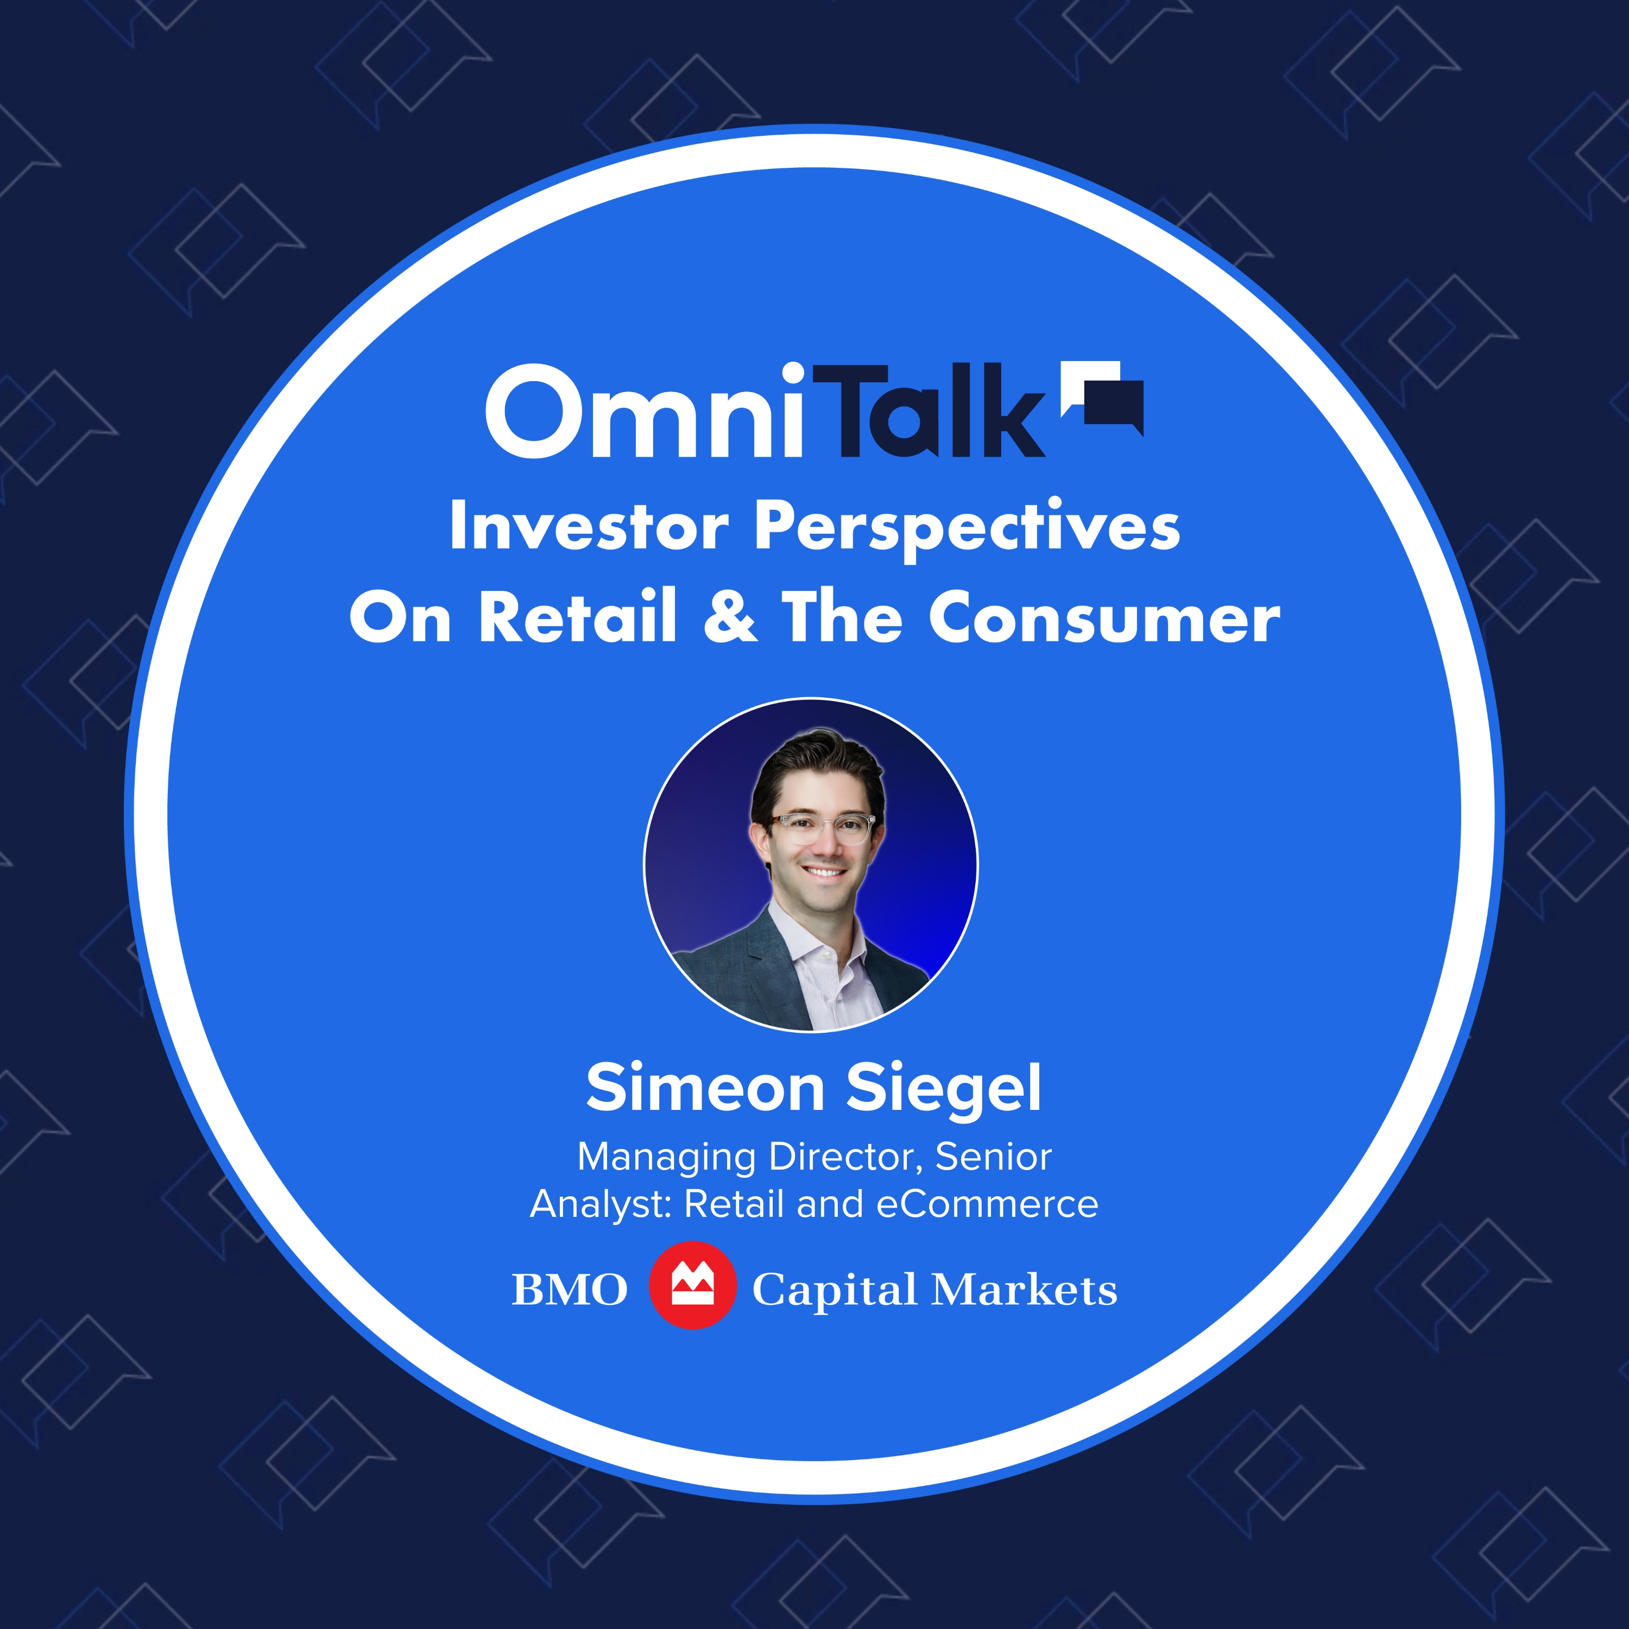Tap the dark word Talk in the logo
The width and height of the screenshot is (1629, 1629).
(x=932, y=413)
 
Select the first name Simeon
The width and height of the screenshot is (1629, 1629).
(x=705, y=1089)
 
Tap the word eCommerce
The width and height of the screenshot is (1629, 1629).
(x=987, y=1204)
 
